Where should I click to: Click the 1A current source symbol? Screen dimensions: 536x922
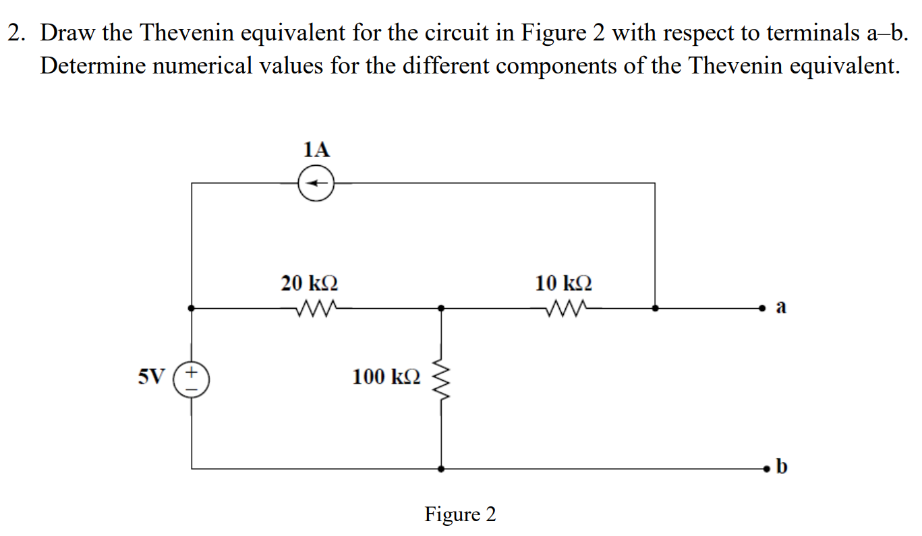(x=316, y=183)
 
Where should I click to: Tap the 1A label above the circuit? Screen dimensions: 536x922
(x=316, y=150)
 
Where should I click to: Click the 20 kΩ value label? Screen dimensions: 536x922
(x=310, y=282)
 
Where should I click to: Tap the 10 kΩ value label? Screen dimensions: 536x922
(x=564, y=282)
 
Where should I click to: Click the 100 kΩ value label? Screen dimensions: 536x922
(x=386, y=376)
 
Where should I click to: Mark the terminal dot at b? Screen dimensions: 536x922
(x=766, y=467)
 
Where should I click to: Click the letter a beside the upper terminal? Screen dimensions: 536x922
(x=781, y=307)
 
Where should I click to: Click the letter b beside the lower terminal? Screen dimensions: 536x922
(x=781, y=465)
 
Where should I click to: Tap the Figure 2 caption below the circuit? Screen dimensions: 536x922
(x=460, y=514)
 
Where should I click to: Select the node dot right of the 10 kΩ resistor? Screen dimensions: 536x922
(x=655, y=308)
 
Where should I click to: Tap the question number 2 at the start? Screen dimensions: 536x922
(x=13, y=32)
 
